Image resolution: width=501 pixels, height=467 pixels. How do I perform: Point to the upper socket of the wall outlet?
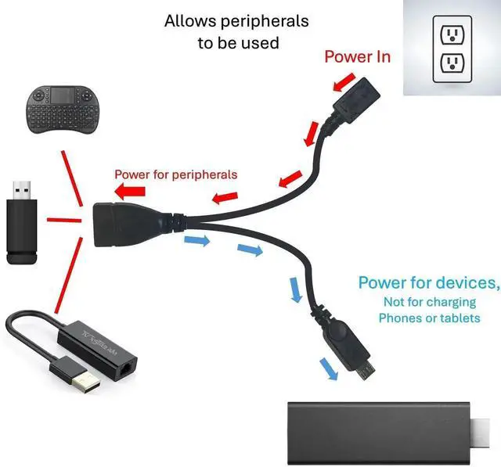pyautogui.click(x=452, y=34)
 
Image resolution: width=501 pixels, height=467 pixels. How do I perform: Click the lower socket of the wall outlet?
pyautogui.click(x=452, y=64)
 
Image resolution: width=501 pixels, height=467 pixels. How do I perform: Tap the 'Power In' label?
pyautogui.click(x=357, y=56)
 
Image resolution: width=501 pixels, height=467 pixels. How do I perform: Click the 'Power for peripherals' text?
pyautogui.click(x=175, y=174)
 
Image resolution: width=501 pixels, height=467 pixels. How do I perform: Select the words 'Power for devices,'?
pyautogui.click(x=428, y=282)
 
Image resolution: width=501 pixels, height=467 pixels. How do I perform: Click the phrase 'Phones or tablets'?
pyautogui.click(x=428, y=318)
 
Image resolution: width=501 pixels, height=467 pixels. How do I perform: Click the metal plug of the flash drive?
pyautogui.click(x=21, y=190)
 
